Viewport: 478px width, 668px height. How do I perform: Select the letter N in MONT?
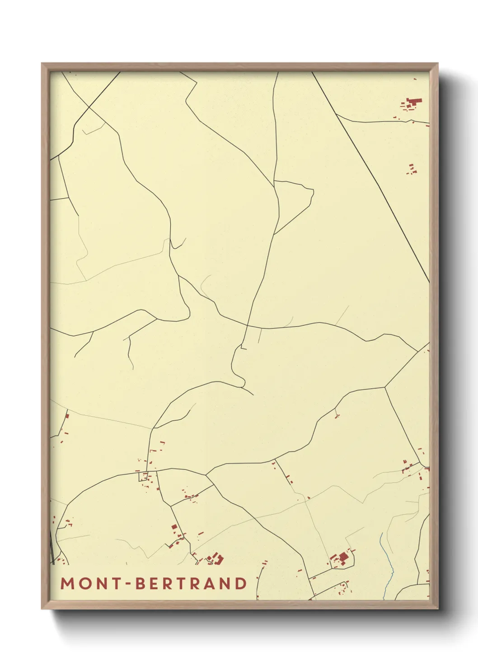click(x=102, y=584)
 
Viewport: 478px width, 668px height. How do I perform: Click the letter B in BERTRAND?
click(x=141, y=584)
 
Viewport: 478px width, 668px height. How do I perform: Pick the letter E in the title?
click(x=155, y=584)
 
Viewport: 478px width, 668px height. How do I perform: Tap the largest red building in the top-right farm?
click(x=415, y=102)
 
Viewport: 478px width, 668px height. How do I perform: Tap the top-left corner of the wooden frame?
click(x=42, y=64)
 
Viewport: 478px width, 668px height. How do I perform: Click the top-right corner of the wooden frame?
click(x=438, y=64)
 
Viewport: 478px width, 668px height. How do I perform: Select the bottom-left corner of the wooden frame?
click(x=42, y=608)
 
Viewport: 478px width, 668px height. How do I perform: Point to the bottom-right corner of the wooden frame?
click(x=438, y=608)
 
